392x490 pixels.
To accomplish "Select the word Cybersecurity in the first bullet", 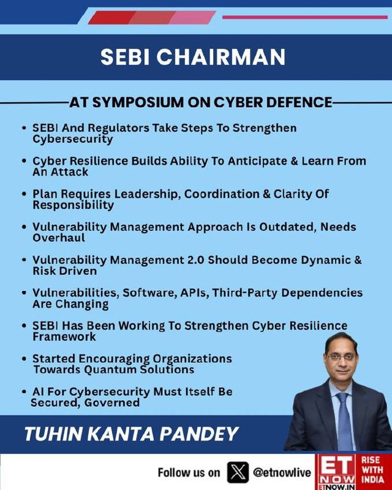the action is (72, 140).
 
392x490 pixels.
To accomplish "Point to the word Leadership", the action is (147, 194).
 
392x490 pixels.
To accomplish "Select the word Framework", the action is (64, 336).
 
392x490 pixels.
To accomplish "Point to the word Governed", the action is (111, 402).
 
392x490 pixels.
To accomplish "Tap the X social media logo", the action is (238, 472).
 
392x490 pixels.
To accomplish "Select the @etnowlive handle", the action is (282, 472).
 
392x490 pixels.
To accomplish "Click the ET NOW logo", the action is (337, 472).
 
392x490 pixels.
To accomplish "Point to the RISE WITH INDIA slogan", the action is (372, 469).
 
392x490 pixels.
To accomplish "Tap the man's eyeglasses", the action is (341, 357).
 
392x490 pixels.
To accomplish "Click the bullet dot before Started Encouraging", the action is (24, 359).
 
